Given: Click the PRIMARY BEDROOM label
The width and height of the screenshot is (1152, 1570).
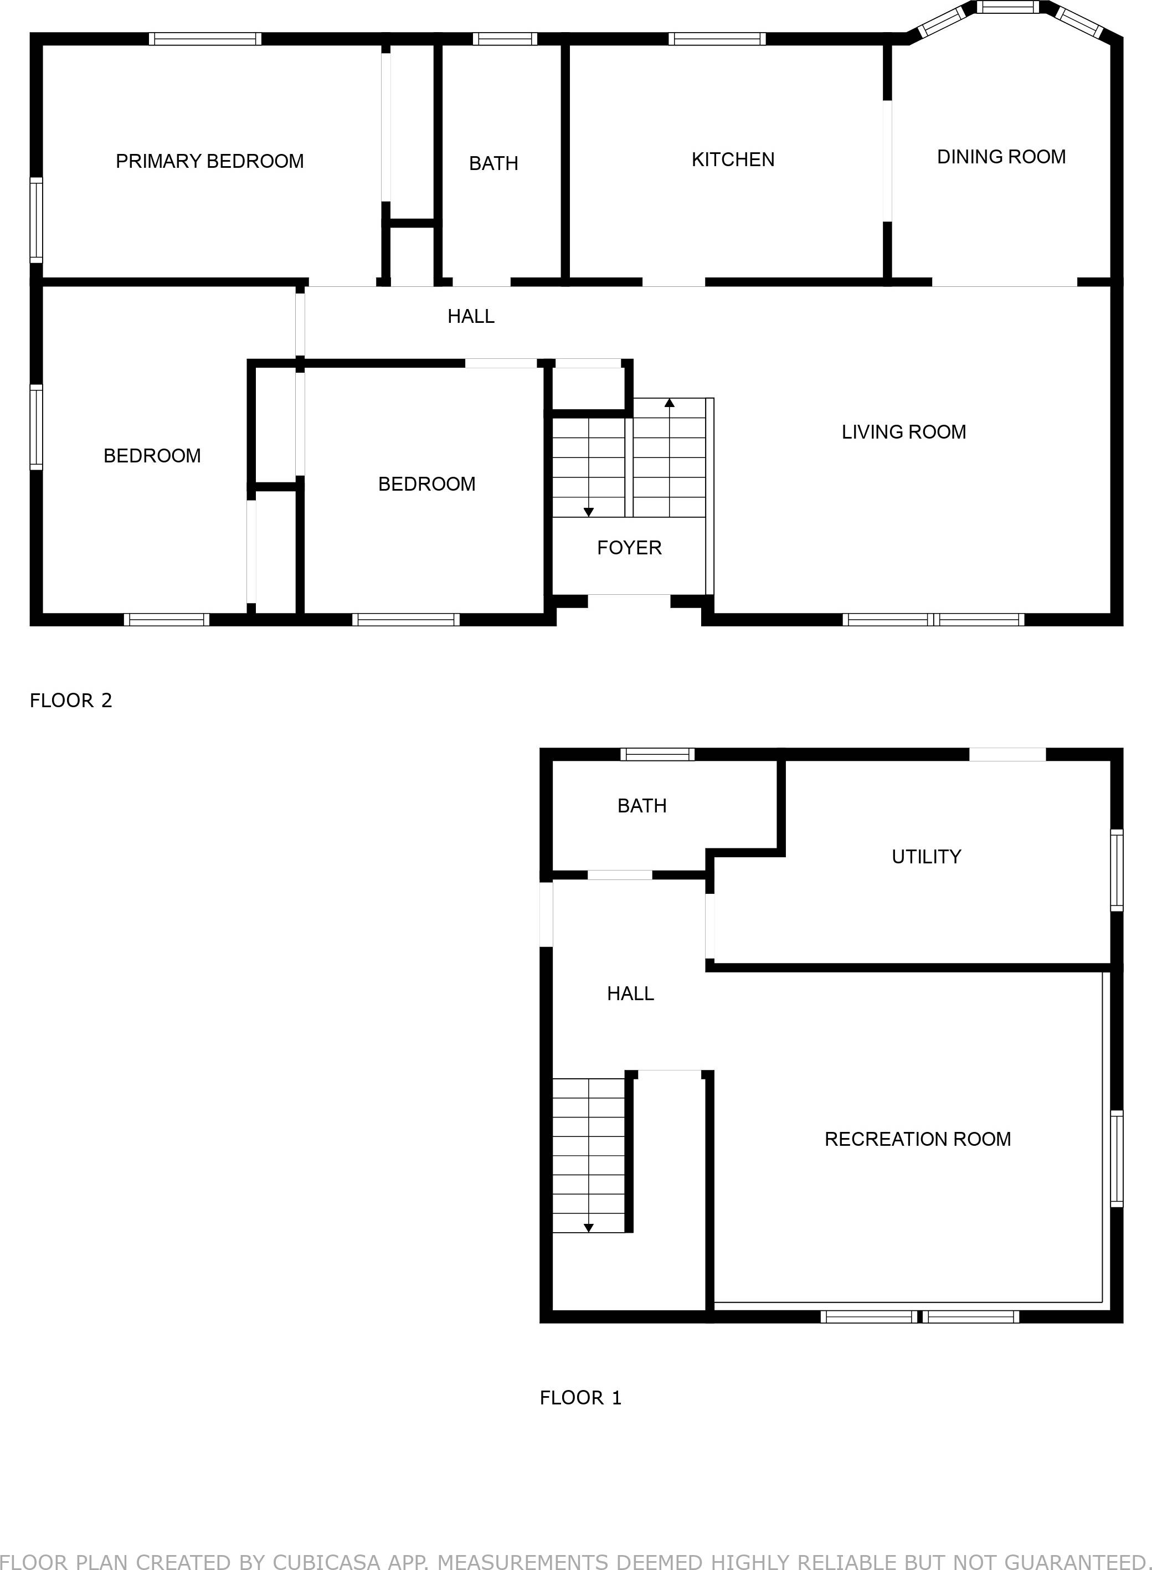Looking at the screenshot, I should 209,161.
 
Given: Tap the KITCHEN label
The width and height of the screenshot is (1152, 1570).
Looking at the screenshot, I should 732,159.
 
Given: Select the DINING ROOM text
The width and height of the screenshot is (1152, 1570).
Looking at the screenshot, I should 1001,157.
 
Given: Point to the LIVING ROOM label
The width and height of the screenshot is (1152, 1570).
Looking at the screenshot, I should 903,433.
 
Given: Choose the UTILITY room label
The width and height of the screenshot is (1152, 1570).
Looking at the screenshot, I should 926,857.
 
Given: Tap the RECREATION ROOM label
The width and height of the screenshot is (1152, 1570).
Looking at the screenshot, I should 917,1139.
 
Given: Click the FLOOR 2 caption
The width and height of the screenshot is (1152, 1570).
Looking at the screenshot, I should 70,701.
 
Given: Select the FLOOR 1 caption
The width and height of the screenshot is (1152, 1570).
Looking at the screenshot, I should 580,1398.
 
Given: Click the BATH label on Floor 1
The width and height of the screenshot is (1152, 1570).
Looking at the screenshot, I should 641,806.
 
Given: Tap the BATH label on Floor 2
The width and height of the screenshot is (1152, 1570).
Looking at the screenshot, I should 493,163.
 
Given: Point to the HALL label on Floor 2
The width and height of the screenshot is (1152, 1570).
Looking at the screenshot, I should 471,317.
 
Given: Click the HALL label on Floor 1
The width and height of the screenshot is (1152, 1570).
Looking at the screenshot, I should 630,994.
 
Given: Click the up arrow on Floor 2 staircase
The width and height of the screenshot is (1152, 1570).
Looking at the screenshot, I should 670,403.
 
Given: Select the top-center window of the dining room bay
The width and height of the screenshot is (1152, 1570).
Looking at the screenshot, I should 1007,8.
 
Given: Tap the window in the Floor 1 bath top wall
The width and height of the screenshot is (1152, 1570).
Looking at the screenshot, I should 657,754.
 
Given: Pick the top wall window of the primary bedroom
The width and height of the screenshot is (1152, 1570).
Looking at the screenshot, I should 205,39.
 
